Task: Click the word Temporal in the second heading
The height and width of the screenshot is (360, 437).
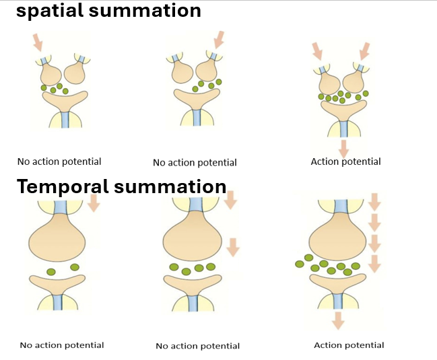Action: click(63, 186)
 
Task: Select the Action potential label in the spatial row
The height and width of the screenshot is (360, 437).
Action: click(345, 161)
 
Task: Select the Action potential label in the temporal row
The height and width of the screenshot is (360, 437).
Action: click(349, 345)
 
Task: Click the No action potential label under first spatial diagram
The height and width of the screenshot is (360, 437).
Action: click(59, 161)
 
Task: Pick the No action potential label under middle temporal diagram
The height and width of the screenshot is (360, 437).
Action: click(197, 346)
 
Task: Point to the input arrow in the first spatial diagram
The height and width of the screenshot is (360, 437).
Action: click(38, 43)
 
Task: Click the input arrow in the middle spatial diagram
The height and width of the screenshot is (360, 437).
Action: click(218, 39)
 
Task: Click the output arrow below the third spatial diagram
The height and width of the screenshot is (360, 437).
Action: click(343, 147)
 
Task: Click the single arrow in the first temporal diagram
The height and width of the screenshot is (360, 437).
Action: click(94, 202)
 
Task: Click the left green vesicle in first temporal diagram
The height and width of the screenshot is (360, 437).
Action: click(51, 271)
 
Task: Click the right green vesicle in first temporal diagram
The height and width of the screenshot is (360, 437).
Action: click(74, 267)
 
